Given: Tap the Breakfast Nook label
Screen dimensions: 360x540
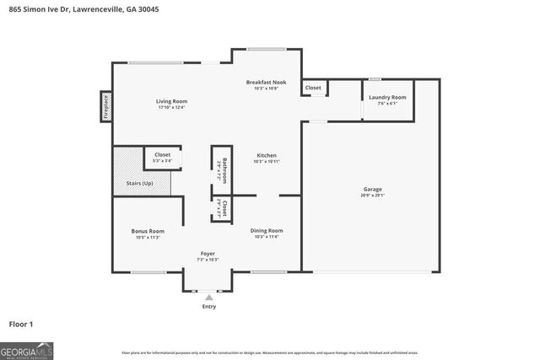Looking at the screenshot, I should coord(266,82).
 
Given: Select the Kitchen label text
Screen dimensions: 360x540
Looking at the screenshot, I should coord(267,156).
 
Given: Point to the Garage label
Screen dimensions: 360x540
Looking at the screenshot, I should coord(371,191).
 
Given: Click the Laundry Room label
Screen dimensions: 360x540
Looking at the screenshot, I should coord(387,97).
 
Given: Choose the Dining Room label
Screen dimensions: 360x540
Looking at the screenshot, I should coord(267,230).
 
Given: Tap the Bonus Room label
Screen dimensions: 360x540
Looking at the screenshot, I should coord(147,231).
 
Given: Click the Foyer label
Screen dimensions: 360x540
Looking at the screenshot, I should coord(208,253).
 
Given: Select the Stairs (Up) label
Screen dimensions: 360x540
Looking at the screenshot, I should coord(141,182).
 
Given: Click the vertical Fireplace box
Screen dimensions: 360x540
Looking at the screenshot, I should coord(106,107).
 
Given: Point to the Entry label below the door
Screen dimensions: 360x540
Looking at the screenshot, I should coord(208,306).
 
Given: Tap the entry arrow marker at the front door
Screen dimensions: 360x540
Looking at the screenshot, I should coord(208,296).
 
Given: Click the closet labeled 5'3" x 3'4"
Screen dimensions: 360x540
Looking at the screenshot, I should coord(162,158).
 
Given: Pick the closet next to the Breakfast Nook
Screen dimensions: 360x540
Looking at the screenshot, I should coord(313,87).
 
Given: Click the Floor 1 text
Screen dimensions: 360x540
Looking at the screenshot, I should coord(21,324).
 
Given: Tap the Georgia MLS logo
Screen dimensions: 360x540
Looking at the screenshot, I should coord(27,350).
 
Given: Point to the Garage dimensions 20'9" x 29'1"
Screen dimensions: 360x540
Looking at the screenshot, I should coord(371,196).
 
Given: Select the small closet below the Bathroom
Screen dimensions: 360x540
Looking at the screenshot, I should coord(221,207).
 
